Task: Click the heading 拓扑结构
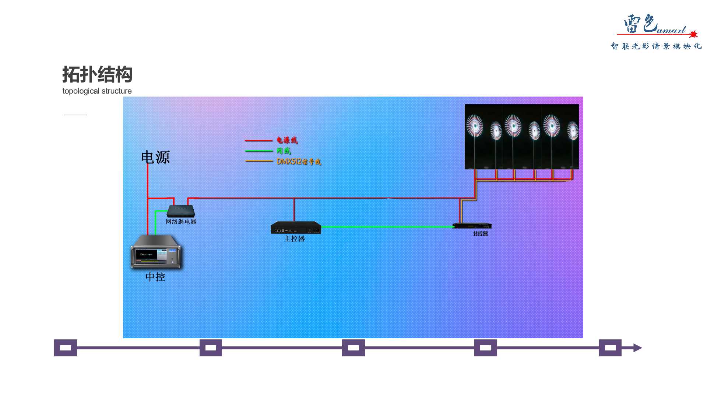(97, 75)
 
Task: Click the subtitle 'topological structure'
(97, 91)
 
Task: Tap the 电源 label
(155, 157)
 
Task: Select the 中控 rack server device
(156, 252)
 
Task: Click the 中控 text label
(155, 277)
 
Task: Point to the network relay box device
(181, 211)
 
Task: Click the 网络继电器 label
(181, 221)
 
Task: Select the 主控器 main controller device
(296, 227)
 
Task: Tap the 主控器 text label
(295, 239)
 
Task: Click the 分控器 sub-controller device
(472, 226)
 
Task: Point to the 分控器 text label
(480, 234)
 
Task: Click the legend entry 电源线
(287, 140)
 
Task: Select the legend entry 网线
(284, 151)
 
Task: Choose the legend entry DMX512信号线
(299, 161)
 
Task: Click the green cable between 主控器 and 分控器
(387, 227)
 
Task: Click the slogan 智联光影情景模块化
(656, 46)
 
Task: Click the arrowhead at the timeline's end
(637, 348)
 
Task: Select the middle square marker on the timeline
(353, 348)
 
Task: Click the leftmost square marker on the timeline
(66, 348)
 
